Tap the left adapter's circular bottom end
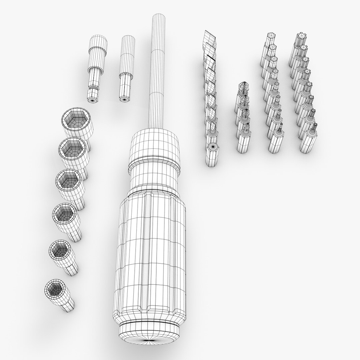[92, 99]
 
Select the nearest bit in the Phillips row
[244, 140]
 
